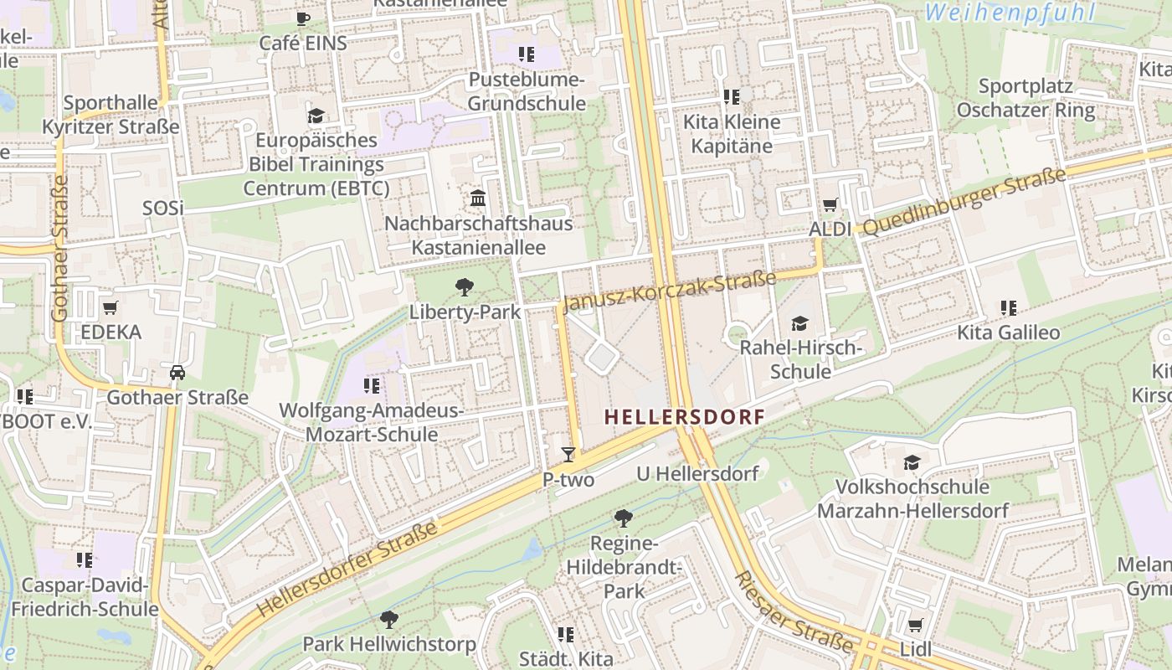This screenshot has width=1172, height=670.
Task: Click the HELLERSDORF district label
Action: pyautogui.click(x=685, y=416)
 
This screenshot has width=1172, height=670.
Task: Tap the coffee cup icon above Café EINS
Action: pyautogui.click(x=303, y=18)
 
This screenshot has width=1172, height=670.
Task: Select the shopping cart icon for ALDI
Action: pyautogui.click(x=830, y=204)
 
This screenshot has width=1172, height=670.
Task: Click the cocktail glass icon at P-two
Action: pyautogui.click(x=568, y=455)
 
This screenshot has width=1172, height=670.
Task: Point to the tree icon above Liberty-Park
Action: pyautogui.click(x=465, y=288)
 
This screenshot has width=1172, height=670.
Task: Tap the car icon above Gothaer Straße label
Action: pyautogui.click(x=177, y=373)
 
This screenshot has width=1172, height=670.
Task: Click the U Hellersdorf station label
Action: pyautogui.click(x=697, y=473)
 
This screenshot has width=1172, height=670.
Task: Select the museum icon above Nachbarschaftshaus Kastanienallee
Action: pyautogui.click(x=478, y=198)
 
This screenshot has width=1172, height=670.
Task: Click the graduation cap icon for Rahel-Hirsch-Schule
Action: pyautogui.click(x=800, y=323)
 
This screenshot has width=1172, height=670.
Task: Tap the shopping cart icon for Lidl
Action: pyautogui.click(x=915, y=625)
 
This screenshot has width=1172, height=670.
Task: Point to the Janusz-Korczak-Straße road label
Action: pyautogui.click(x=669, y=289)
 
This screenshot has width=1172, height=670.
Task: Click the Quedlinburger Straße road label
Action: pyautogui.click(x=964, y=202)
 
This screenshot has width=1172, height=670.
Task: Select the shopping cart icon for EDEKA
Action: pyautogui.click(x=111, y=307)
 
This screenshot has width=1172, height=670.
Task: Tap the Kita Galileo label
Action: pyautogui.click(x=1008, y=332)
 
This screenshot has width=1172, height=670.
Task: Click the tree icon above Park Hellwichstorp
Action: pyautogui.click(x=388, y=620)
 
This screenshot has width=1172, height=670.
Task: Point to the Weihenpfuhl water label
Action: pyautogui.click(x=1010, y=13)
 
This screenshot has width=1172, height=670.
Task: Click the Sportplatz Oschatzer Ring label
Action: pyautogui.click(x=1025, y=98)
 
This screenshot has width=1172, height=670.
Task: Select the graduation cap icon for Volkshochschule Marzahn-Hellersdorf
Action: pyautogui.click(x=912, y=462)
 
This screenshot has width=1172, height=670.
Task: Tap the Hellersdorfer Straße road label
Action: pyautogui.click(x=347, y=569)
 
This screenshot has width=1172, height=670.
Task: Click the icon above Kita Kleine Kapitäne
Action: pyautogui.click(x=732, y=98)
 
